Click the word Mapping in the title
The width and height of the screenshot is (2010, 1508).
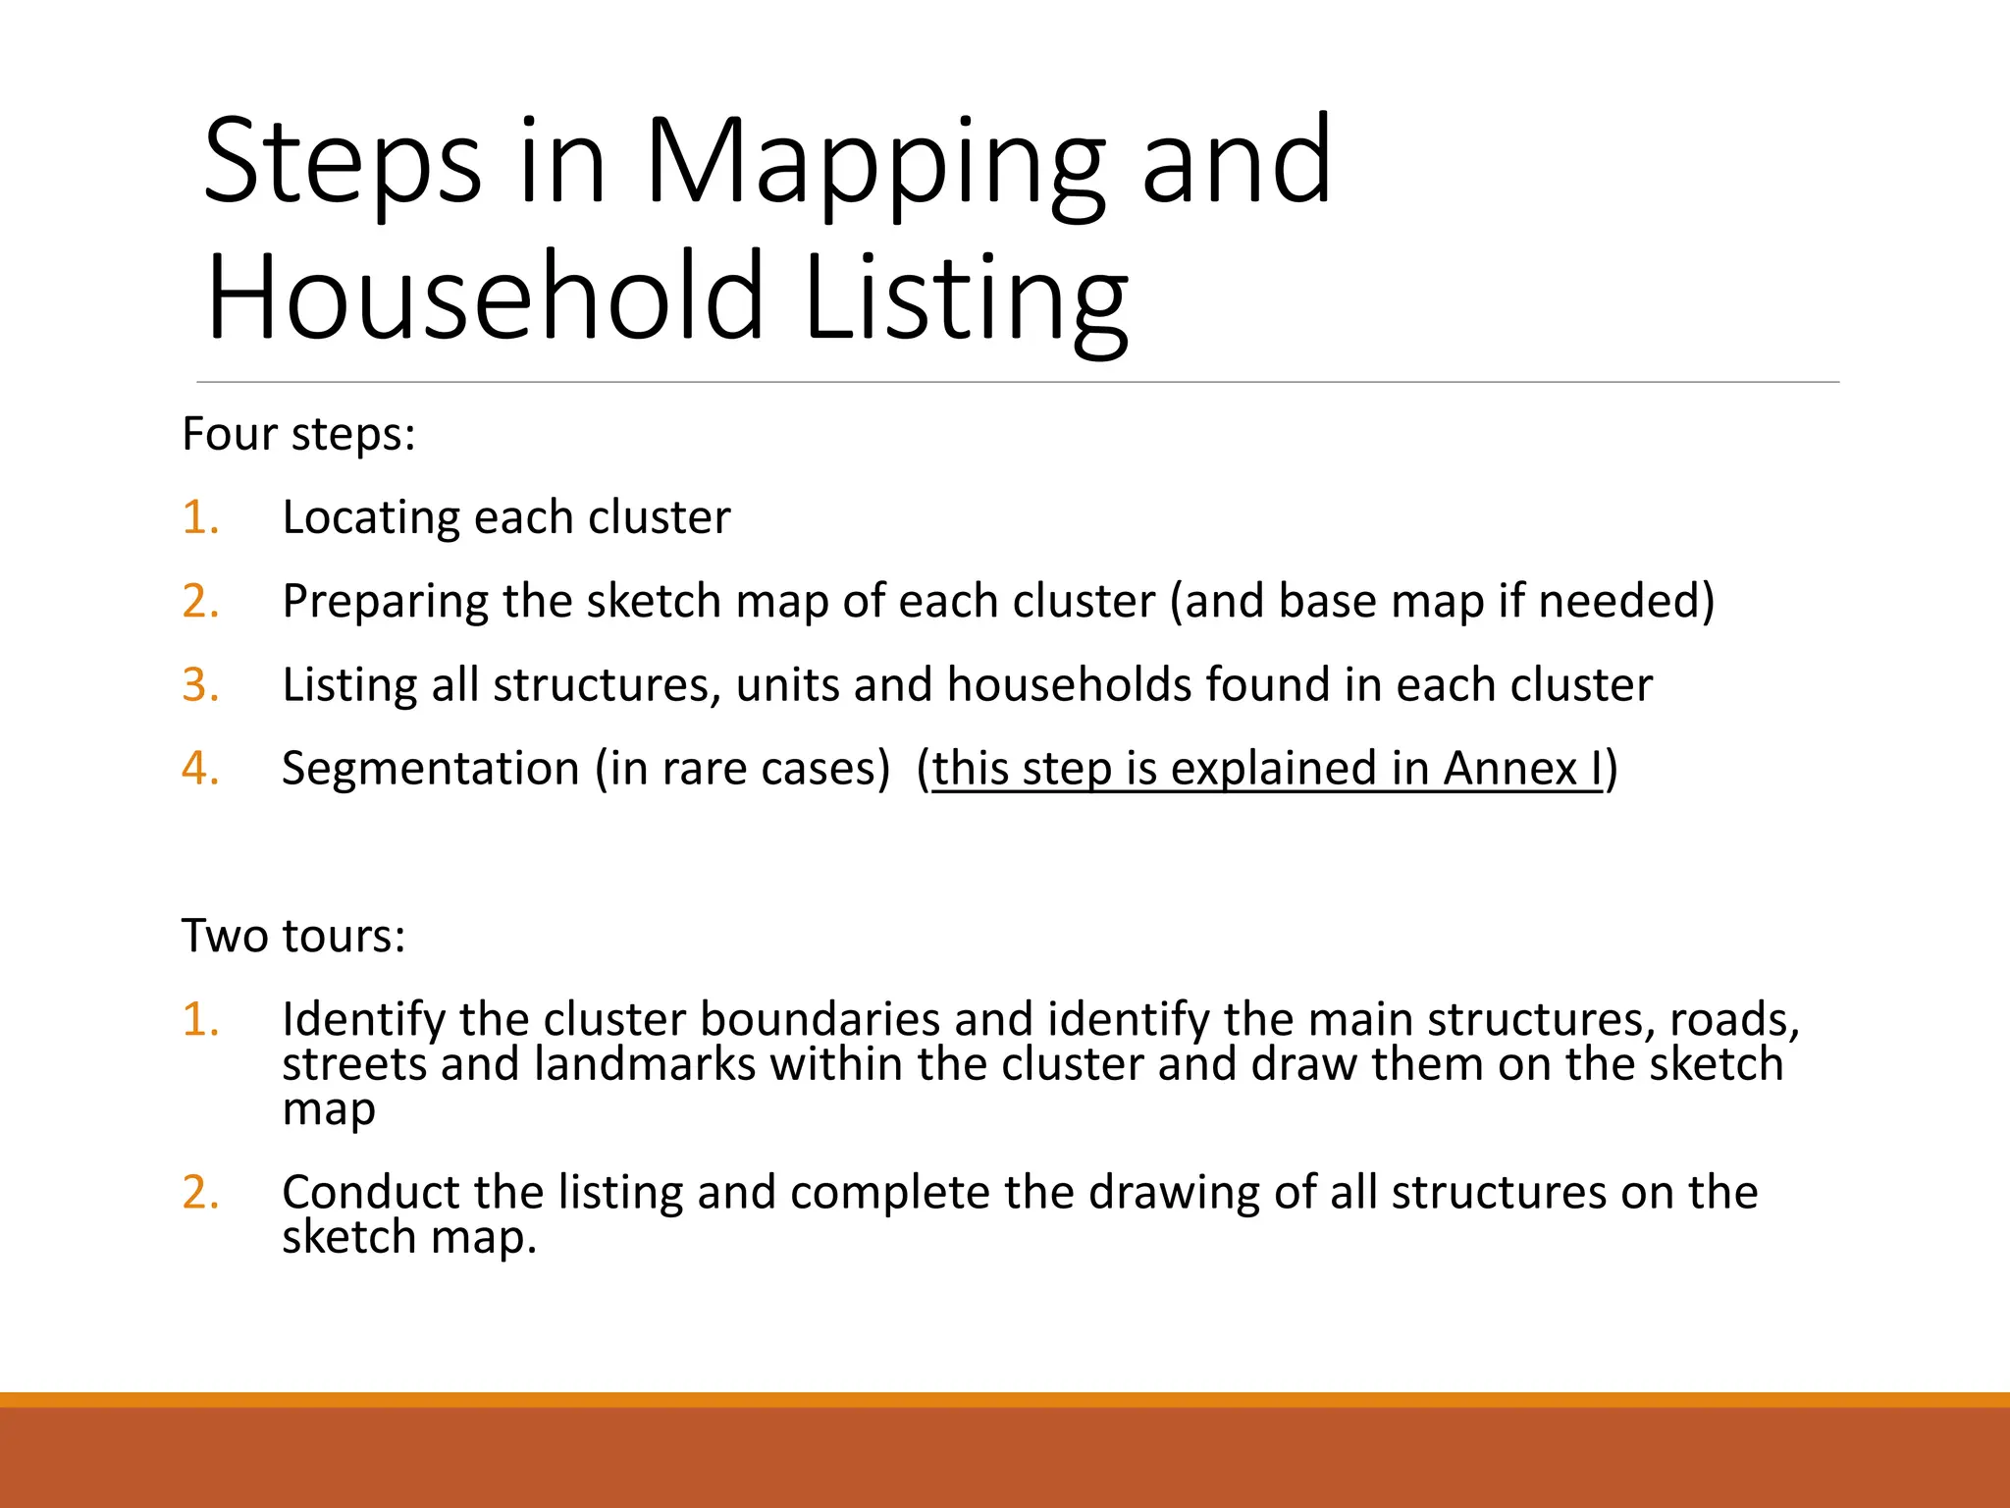pos(873,162)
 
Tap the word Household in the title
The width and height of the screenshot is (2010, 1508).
pos(485,296)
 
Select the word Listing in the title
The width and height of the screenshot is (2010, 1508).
pos(966,296)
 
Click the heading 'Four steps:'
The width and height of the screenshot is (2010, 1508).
pos(299,434)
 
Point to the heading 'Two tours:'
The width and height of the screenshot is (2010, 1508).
pos(293,936)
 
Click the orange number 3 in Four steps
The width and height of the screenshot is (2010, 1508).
pos(199,684)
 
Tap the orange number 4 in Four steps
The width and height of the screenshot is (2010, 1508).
pos(199,768)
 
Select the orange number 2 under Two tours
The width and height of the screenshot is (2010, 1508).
pos(199,1192)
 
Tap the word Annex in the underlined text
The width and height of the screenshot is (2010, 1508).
pos(1509,768)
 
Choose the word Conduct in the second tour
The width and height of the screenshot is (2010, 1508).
pos(369,1192)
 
